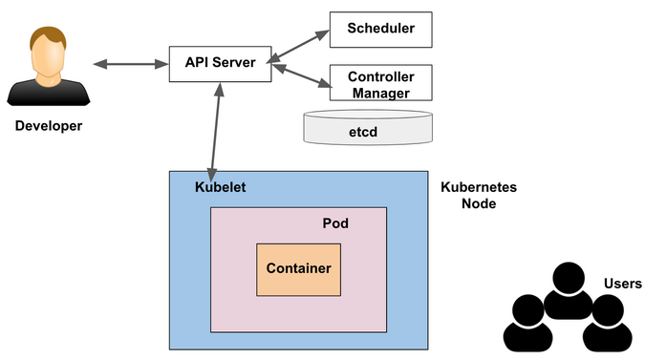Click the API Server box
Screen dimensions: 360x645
tap(220, 63)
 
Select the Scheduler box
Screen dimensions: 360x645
tap(380, 29)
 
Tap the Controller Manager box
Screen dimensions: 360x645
tap(380, 83)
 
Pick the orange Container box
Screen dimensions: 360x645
tap(298, 268)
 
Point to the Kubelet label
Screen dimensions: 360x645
tap(220, 187)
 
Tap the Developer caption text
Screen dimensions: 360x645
tap(49, 126)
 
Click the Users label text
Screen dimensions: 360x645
tap(622, 284)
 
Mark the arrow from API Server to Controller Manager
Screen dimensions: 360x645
tap(300, 74)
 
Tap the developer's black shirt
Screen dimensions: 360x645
tap(50, 93)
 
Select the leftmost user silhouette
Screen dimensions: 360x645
tap(528, 325)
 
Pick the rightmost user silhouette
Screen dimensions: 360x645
tap(606, 325)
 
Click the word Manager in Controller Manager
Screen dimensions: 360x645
tap(379, 93)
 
